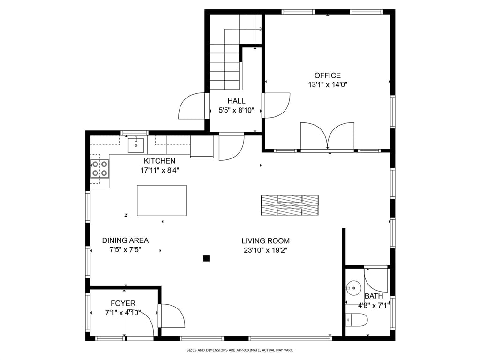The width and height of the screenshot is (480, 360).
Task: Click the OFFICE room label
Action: click(x=327, y=75)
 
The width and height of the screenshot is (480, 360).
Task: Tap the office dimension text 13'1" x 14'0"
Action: click(x=327, y=85)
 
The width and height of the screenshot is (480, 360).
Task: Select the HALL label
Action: click(x=236, y=101)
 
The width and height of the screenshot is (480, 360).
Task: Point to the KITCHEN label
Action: click(x=159, y=161)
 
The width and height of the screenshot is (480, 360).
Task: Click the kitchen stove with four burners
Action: click(x=99, y=169)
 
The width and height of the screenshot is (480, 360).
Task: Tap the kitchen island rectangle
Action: click(x=161, y=201)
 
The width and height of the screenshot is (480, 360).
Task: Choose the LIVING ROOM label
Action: click(x=265, y=241)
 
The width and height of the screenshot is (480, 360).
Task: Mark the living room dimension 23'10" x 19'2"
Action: click(x=265, y=250)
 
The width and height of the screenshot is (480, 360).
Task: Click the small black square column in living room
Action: click(x=206, y=258)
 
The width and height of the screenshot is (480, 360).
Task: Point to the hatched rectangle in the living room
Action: click(x=289, y=205)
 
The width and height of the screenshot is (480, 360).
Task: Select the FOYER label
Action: click(x=123, y=303)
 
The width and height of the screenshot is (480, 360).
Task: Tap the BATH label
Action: click(x=374, y=296)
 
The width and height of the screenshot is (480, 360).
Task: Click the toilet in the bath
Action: click(x=357, y=320)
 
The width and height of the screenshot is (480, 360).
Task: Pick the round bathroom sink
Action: click(x=354, y=286)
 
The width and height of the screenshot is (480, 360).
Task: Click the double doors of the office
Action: click(x=327, y=136)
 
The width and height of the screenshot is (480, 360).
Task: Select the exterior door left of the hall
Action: click(x=192, y=106)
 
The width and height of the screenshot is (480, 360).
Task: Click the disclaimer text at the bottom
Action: click(x=240, y=350)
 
